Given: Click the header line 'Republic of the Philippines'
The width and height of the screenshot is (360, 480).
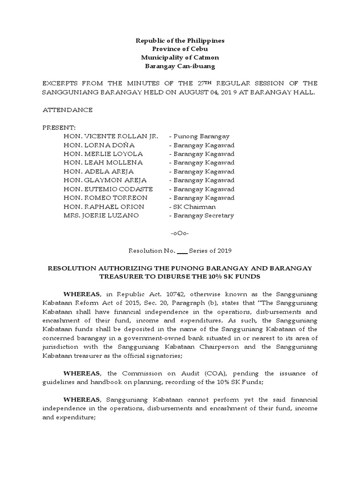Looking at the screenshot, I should (180, 41).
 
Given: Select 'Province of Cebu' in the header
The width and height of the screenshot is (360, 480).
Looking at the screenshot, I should (180, 49).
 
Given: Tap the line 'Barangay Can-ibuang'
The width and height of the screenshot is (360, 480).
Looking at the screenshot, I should (180, 66).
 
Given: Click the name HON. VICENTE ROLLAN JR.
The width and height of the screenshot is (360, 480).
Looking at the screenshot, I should (111, 136).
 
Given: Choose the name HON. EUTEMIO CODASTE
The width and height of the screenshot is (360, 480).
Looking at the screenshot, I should (109, 189).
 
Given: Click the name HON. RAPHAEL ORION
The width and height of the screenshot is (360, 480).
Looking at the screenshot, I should (104, 207).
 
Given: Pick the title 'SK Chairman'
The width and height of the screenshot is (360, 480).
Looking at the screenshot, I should (192, 207).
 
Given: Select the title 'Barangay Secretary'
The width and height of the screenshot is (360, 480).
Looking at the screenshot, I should (202, 216).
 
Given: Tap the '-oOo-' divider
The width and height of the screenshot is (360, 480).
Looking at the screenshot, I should (180, 233).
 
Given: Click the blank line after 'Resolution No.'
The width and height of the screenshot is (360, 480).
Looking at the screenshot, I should (182, 251).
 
